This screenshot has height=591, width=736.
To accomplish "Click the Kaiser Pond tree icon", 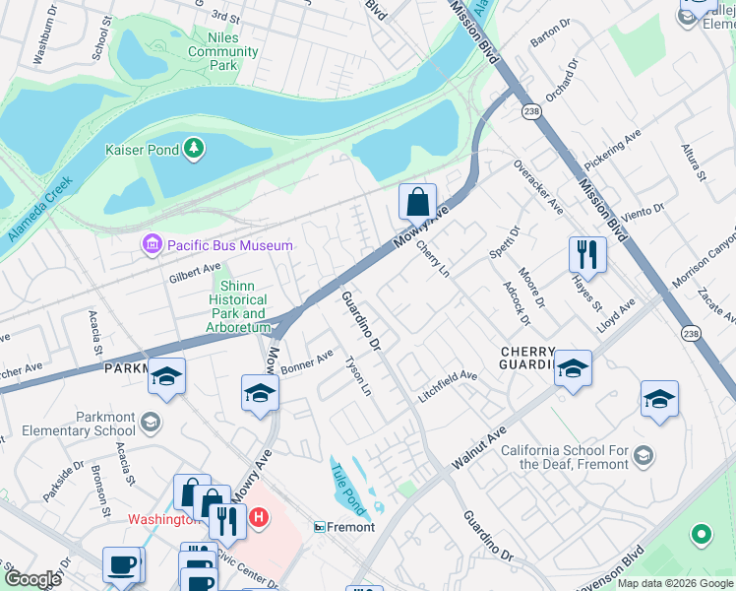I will point(196,149).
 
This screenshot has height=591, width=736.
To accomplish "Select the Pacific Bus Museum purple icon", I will point(152,244).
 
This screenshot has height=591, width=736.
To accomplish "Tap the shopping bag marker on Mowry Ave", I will point(418,202).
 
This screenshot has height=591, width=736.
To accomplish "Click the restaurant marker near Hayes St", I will point(587,254).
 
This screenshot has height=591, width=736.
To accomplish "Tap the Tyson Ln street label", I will point(358,377).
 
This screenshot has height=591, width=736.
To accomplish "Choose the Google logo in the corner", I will point(32,579).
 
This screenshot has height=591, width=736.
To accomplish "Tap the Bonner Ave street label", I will point(307,361).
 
